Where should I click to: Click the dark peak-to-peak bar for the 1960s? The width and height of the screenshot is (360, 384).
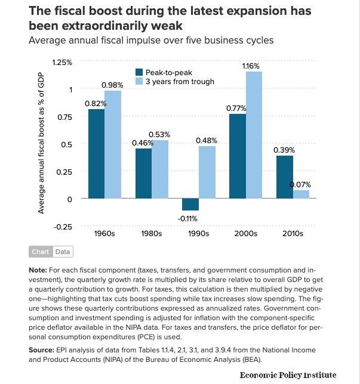click(96, 154)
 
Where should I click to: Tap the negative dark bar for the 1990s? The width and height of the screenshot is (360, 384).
click(190, 205)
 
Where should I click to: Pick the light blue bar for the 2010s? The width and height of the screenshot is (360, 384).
click(300, 194)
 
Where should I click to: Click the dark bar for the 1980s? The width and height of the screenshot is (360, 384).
click(143, 174)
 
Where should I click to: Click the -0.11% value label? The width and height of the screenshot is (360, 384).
click(190, 218)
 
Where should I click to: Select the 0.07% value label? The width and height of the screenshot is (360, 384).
click(300, 185)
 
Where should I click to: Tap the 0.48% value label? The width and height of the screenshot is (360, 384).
click(207, 141)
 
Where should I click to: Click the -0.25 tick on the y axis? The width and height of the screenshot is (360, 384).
click(62, 226)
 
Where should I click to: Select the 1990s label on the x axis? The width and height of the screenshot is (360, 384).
click(198, 233)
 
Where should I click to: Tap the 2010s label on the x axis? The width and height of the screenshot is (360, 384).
click(292, 233)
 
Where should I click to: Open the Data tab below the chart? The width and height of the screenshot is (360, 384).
click(63, 252)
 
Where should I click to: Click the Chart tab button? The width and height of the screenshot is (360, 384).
click(41, 252)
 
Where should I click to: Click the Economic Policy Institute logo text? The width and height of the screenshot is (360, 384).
click(288, 375)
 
